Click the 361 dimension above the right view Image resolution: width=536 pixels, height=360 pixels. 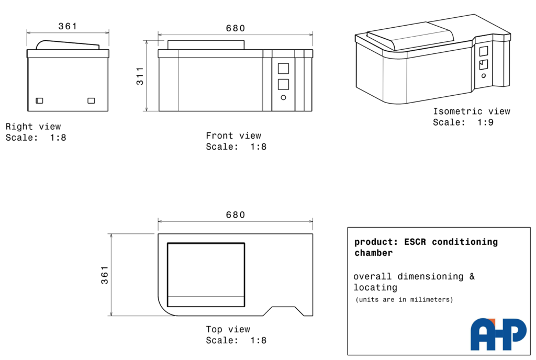click(x=68, y=26)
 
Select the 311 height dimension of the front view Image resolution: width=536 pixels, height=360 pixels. click(x=140, y=76)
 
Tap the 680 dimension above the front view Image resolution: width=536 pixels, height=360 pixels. click(x=236, y=28)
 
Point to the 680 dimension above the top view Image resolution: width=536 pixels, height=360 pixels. click(x=236, y=215)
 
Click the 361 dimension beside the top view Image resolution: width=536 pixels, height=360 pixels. click(x=105, y=275)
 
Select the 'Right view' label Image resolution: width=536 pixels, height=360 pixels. click(x=33, y=127)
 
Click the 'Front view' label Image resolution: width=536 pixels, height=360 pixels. click(x=233, y=136)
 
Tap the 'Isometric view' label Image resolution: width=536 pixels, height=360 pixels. click(x=472, y=111)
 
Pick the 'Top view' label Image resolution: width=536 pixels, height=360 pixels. click(x=228, y=329)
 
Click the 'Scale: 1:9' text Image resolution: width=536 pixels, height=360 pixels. click(x=463, y=122)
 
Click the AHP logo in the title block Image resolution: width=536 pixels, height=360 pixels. click(x=498, y=334)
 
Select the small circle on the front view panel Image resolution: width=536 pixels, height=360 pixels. click(x=283, y=98)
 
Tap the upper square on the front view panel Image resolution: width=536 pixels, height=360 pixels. click(x=283, y=69)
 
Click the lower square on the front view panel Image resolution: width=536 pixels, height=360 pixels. click(x=283, y=85)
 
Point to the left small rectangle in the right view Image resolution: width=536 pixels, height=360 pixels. click(x=40, y=101)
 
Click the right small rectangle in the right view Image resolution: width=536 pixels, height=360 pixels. click(x=91, y=101)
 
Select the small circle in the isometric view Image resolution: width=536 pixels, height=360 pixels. click(x=484, y=76)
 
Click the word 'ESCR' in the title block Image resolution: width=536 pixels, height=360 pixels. click(x=415, y=242)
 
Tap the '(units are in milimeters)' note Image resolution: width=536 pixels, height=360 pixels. click(x=405, y=299)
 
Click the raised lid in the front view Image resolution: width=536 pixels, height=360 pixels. click(x=206, y=45)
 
